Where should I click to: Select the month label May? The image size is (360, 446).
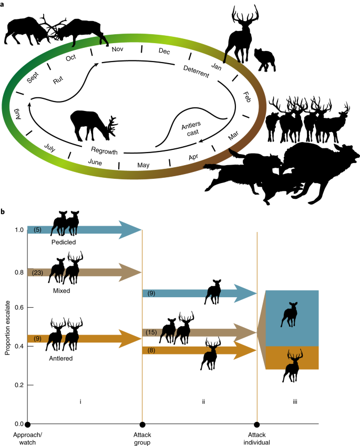(143, 165)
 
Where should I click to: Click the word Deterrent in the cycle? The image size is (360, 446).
(197, 72)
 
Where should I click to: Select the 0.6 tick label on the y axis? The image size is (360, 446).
(18, 308)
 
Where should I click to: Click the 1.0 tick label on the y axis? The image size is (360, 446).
(18, 230)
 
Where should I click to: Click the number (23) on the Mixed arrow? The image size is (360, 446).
(37, 273)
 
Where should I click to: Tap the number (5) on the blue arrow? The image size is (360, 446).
(37, 230)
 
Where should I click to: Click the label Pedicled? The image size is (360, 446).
(65, 243)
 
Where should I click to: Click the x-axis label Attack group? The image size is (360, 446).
(142, 438)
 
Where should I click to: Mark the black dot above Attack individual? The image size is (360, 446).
(256, 424)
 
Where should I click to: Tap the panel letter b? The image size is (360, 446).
(3, 212)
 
